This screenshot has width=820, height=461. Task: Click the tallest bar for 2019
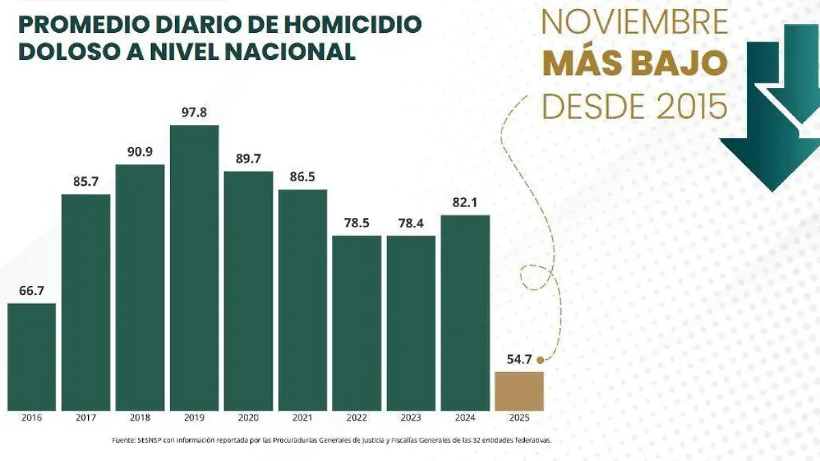(x=194, y=268)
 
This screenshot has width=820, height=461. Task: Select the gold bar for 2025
(x=519, y=391)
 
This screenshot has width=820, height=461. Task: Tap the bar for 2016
(x=31, y=357)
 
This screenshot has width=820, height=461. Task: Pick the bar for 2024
(x=465, y=313)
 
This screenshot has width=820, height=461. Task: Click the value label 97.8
(x=194, y=113)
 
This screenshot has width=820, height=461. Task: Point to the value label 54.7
(x=519, y=359)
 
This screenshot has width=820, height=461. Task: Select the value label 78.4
(x=411, y=223)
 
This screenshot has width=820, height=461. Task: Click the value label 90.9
(x=140, y=152)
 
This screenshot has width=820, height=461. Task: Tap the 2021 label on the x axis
(x=302, y=417)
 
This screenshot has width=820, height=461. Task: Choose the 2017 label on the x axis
(x=85, y=417)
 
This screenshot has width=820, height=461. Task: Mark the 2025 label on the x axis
(x=519, y=417)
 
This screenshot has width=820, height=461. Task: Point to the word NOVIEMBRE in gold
(x=634, y=23)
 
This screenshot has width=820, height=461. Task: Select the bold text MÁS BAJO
(x=634, y=64)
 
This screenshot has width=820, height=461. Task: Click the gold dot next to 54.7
(x=540, y=359)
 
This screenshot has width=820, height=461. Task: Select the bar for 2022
(x=357, y=323)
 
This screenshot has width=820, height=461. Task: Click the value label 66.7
(x=31, y=291)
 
